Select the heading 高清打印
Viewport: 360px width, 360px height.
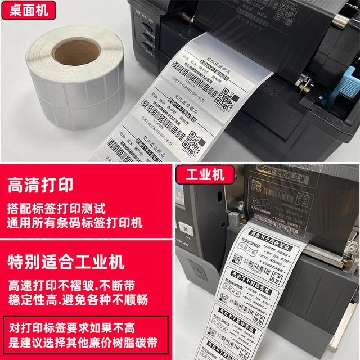click(x=40, y=185)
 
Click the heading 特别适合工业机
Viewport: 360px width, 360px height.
click(x=66, y=262)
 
